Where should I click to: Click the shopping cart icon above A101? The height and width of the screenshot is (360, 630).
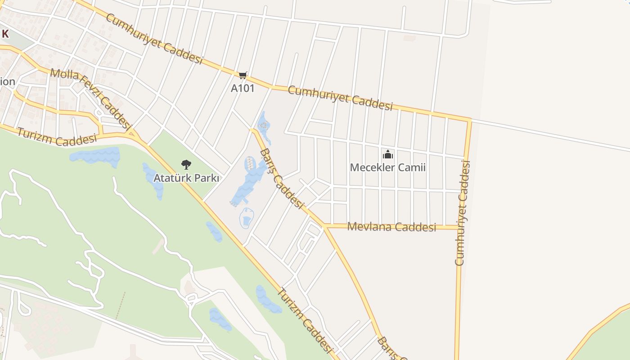click(243, 75)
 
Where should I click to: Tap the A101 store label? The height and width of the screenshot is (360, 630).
click(243, 88)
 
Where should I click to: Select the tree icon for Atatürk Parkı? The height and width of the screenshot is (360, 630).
click(186, 165)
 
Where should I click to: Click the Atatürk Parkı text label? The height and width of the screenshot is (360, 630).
click(186, 178)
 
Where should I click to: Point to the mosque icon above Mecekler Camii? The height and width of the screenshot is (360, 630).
click(387, 155)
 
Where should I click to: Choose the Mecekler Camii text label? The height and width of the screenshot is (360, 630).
click(387, 168)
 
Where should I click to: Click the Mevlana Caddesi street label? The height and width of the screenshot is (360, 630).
click(391, 227)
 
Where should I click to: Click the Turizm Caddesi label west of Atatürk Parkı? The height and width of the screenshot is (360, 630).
click(57, 138)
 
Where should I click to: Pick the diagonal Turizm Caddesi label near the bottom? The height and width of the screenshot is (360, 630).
click(304, 320)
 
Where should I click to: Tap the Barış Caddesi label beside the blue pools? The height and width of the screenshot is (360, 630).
click(281, 178)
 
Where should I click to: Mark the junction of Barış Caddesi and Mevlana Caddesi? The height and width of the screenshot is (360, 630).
click(324, 226)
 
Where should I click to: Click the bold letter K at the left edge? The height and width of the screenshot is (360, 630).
click(5, 34)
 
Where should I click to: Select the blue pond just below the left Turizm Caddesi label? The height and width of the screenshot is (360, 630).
click(95, 156)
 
